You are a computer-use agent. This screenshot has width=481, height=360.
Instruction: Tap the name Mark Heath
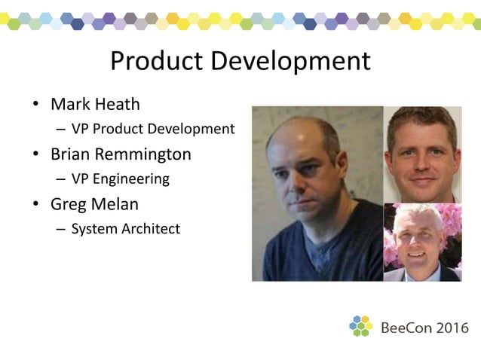point(95,103)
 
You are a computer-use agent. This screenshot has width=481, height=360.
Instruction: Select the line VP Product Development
point(153,129)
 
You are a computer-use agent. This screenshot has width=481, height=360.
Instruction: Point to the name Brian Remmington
point(121,154)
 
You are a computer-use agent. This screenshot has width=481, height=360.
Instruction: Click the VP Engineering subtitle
point(120,179)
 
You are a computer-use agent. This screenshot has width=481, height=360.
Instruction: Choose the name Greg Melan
point(95,204)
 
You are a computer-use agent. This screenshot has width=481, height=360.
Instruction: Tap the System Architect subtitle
point(125,229)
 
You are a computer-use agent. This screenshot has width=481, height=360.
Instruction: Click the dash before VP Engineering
point(60,180)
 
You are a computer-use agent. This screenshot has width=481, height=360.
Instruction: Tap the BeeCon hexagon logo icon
point(361,326)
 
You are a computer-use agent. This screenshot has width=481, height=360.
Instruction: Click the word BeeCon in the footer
point(406,328)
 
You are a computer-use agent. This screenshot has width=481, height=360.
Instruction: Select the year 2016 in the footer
point(452,328)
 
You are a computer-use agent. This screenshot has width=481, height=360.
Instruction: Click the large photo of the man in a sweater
point(317,194)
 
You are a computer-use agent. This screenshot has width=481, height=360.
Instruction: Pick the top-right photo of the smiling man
point(422,154)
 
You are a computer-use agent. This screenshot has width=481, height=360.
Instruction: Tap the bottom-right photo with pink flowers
point(422,242)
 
